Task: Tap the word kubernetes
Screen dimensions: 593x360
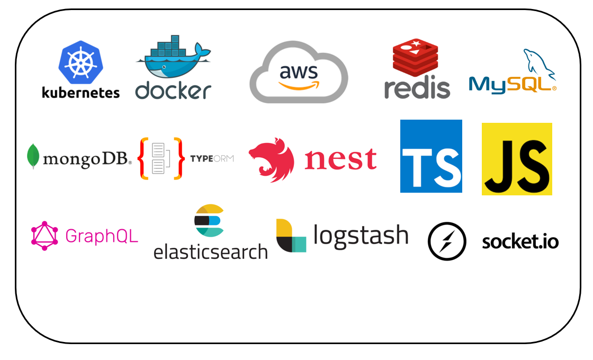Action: coord(80,93)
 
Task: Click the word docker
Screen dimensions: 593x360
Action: coord(173,91)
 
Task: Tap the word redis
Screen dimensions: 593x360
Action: coord(417,88)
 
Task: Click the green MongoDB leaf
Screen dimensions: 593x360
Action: coord(33,156)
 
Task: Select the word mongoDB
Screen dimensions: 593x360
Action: coord(87,159)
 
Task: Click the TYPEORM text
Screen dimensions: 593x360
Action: coord(212,158)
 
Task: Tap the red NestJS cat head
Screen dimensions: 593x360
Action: coord(271,159)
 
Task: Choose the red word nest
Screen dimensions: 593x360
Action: coord(340,159)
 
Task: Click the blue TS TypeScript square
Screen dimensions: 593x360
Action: coord(431,156)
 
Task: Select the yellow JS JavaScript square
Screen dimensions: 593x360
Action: coord(517,159)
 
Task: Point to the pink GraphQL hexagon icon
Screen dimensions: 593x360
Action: coord(44,236)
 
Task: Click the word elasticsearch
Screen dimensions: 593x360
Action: coord(211,252)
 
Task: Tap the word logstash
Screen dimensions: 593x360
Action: coord(361,236)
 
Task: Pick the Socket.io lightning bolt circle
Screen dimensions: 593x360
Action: coord(447,241)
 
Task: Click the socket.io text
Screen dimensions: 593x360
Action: coord(520,241)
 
